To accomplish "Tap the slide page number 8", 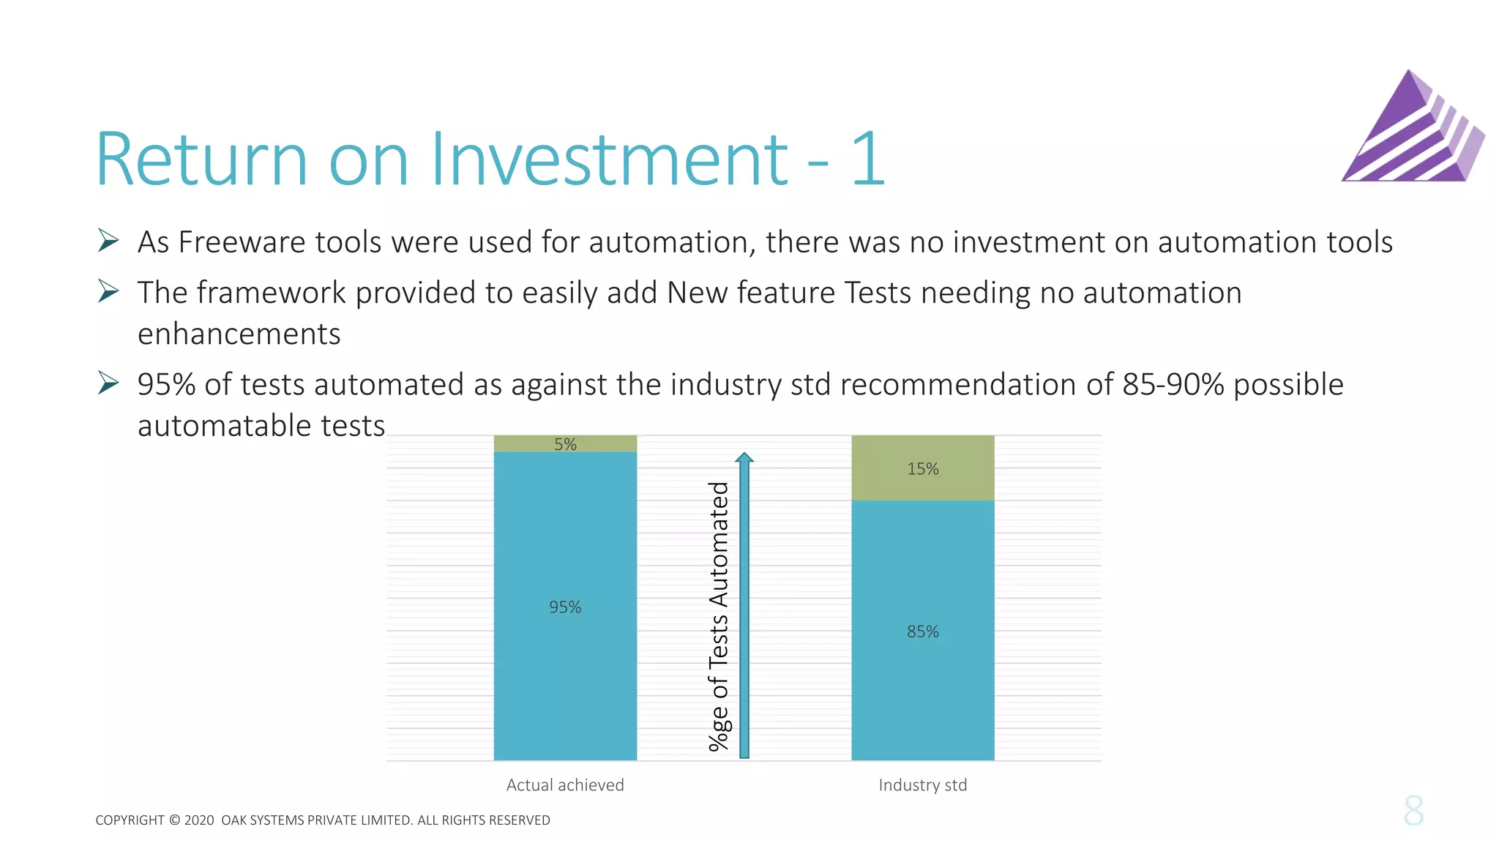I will click(x=1413, y=811).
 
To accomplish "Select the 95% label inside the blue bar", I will click(x=565, y=607).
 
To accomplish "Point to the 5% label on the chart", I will click(x=565, y=444).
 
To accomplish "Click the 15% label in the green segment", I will click(x=922, y=469).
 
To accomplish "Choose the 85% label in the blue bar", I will click(x=922, y=632).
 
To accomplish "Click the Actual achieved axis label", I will click(x=565, y=785).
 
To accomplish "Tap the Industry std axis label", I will click(x=922, y=785).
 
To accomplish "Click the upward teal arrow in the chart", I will click(x=744, y=607).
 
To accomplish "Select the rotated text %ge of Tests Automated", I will click(x=719, y=616).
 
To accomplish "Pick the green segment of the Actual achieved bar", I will click(x=527, y=443).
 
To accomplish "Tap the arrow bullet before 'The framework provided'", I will click(x=108, y=291).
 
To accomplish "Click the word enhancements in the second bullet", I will click(x=239, y=334).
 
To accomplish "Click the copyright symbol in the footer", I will click(x=174, y=820).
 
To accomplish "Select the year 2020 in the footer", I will click(x=199, y=820).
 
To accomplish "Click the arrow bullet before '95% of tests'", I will click(x=108, y=383).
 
